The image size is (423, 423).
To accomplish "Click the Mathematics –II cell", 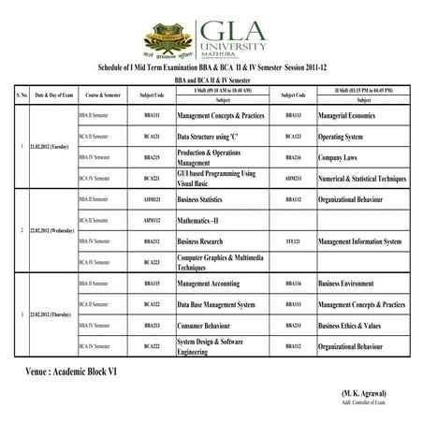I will [203, 221].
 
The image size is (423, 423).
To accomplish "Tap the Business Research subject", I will [208, 241].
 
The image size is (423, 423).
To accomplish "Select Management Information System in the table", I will [360, 241].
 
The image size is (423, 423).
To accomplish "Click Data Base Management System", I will [216, 304].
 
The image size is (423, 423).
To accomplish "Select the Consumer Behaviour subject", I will [212, 326].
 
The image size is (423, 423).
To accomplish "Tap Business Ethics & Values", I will [350, 326].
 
